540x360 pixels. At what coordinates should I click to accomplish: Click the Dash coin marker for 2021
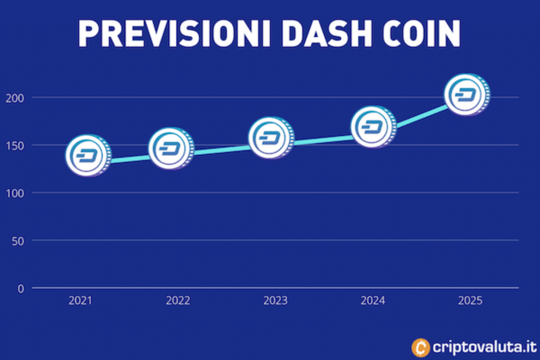coord(88,155)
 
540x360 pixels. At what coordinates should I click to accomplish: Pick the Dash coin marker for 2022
coord(171,148)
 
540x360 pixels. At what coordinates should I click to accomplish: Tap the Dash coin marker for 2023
coord(271,138)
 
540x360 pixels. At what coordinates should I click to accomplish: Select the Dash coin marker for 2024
coord(373,127)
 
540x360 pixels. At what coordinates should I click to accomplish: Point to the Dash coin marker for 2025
coord(467,95)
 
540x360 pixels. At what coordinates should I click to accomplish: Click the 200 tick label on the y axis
coord(14,98)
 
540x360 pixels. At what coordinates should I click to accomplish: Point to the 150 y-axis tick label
coord(14,145)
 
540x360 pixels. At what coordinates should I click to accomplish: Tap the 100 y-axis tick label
coord(14,193)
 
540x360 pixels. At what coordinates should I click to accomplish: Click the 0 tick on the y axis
coord(21,288)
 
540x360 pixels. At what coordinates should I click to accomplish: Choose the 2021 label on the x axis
coord(80,301)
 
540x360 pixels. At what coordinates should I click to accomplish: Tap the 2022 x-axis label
coord(178,301)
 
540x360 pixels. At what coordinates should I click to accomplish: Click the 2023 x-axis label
coord(275,301)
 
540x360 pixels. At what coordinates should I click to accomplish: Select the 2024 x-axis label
coord(373,301)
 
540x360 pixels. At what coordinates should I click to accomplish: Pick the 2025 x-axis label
coord(470,301)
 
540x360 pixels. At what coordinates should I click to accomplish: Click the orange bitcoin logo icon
coord(421,347)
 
